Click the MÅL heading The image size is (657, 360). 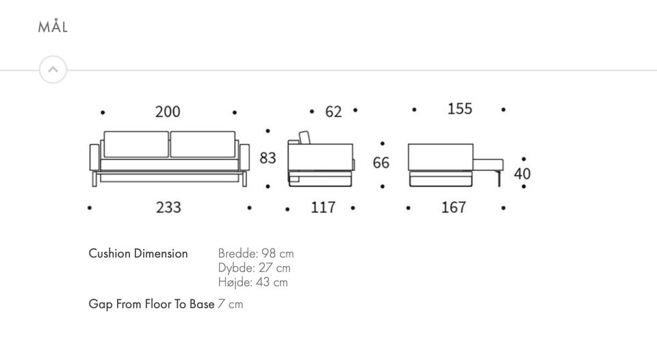coord(53,27)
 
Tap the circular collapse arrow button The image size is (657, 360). coord(53,70)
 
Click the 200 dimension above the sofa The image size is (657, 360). coord(168,112)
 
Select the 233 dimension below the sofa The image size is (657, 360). coord(168,207)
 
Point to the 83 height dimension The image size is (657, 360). coord(268,158)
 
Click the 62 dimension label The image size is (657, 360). coord(333,112)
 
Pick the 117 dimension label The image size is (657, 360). coord(323,207)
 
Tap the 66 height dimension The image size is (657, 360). coord(381,163)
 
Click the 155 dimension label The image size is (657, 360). coord(460,109)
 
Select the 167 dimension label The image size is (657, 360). coord(453,207)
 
